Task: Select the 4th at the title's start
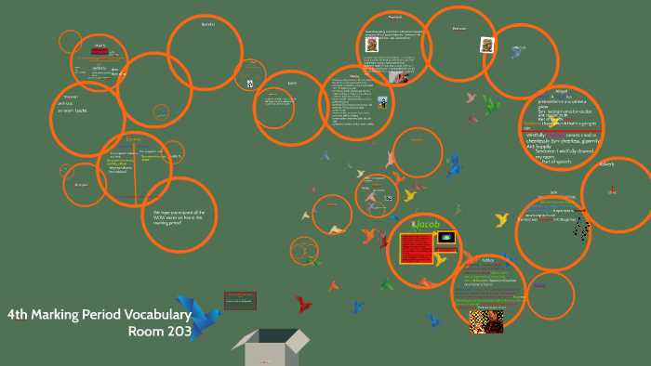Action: [17, 315]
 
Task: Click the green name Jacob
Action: [427, 225]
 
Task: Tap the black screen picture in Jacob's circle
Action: [445, 238]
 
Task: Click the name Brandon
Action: [208, 24]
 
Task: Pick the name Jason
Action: [292, 83]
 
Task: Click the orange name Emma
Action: [134, 139]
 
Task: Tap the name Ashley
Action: [487, 260]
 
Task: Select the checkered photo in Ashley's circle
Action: [485, 321]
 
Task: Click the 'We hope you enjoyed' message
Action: [179, 216]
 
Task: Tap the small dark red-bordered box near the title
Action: [239, 300]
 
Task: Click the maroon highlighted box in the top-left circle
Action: [100, 52]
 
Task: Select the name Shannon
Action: [70, 96]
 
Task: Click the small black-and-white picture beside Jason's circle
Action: [250, 84]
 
